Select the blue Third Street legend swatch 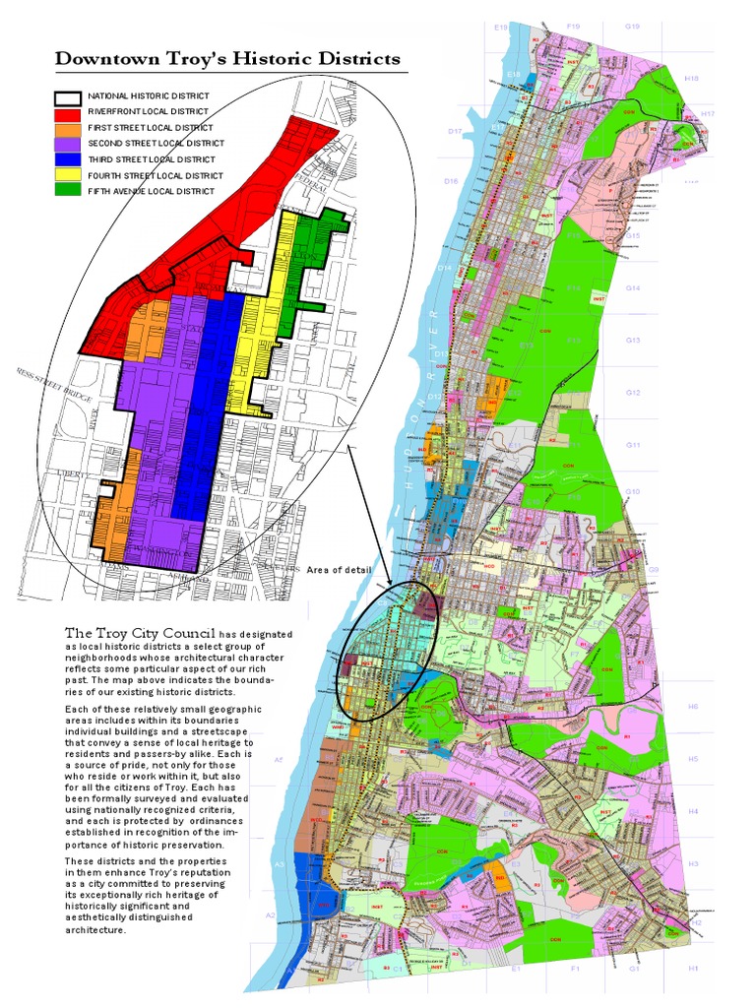click(67, 159)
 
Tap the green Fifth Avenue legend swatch click(67, 190)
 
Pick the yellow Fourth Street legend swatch click(67, 175)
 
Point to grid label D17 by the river click(454, 131)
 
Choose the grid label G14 click(632, 287)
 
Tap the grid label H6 click(692, 707)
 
